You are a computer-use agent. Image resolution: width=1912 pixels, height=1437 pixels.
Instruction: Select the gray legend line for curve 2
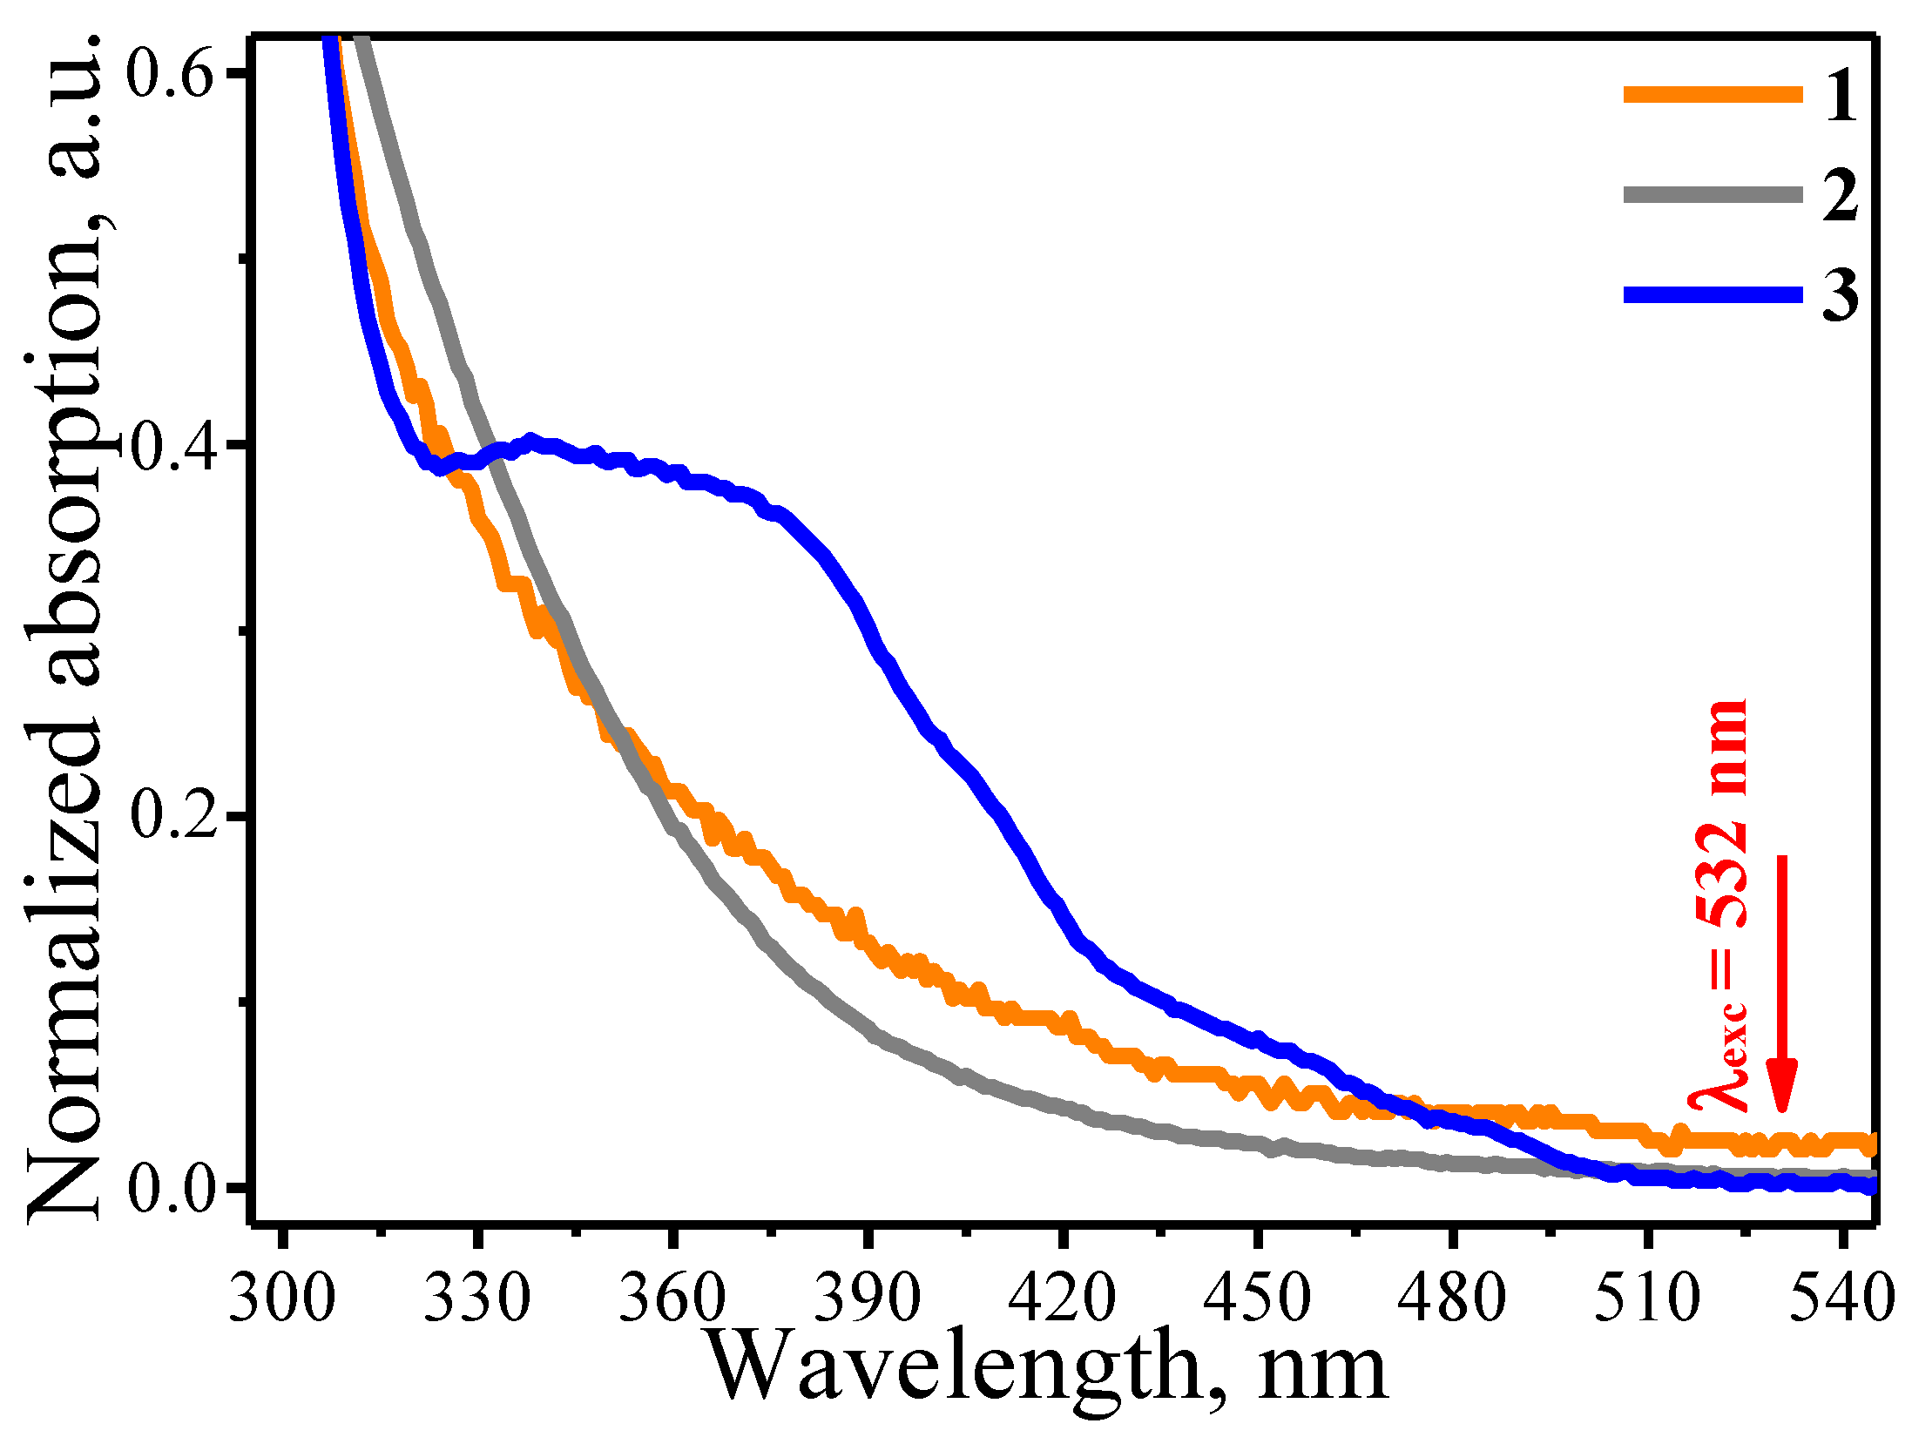pyautogui.click(x=1712, y=195)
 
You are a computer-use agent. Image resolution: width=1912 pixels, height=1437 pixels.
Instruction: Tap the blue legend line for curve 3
pyautogui.click(x=1712, y=295)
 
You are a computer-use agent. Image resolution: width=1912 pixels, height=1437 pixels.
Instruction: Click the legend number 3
pyautogui.click(x=1840, y=295)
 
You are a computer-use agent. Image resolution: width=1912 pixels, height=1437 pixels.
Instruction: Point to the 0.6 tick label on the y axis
pyautogui.click(x=171, y=73)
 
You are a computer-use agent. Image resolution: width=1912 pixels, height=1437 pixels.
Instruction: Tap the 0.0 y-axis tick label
pyautogui.click(x=171, y=1189)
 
